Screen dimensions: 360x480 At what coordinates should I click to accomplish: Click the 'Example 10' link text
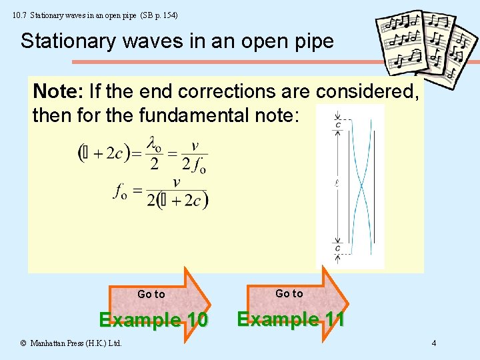tap(153, 320)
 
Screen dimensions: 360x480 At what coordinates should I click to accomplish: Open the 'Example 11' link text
tap(291, 319)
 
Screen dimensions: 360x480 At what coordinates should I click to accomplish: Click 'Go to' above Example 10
tap(151, 294)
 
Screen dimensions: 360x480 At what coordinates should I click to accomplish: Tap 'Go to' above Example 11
tap(289, 293)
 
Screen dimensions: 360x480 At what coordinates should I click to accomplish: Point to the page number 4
tap(434, 344)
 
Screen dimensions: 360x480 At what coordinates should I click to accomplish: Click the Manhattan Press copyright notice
tap(70, 344)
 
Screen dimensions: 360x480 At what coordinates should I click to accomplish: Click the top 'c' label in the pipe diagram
tap(339, 124)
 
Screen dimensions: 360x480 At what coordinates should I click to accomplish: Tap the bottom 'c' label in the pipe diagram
tap(338, 249)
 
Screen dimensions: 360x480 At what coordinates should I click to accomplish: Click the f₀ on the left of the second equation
tap(121, 192)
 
